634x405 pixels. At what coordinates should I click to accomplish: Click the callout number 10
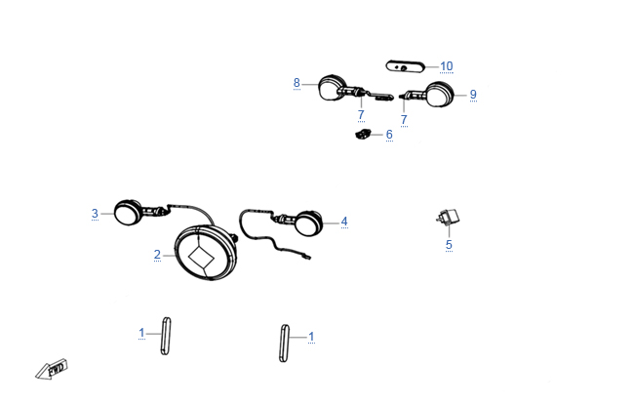tap(447, 66)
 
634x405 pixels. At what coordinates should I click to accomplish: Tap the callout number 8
tap(297, 83)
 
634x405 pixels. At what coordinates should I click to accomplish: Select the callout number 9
tap(473, 95)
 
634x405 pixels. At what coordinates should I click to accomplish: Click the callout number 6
tap(389, 135)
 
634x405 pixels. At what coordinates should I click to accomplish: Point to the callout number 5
tap(449, 245)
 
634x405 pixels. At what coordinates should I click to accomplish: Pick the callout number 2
tap(157, 255)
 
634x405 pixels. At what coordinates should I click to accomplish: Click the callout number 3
tap(95, 213)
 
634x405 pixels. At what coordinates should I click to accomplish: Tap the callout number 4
tap(344, 222)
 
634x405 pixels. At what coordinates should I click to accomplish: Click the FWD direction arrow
tap(52, 369)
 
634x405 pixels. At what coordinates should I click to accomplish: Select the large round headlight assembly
tap(206, 253)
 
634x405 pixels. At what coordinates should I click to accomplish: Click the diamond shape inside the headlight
tap(201, 257)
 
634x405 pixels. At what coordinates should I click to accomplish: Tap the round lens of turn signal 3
tap(127, 213)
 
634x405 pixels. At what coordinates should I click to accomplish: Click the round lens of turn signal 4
tap(309, 223)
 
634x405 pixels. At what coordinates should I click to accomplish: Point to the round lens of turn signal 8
tap(331, 88)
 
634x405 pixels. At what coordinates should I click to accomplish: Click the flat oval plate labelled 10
tap(405, 66)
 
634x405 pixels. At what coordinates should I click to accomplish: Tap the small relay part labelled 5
tap(448, 218)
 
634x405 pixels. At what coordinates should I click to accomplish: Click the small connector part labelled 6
tap(363, 134)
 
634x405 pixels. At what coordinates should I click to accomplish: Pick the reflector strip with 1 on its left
tap(166, 337)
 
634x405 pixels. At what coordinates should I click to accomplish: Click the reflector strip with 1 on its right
tap(284, 344)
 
